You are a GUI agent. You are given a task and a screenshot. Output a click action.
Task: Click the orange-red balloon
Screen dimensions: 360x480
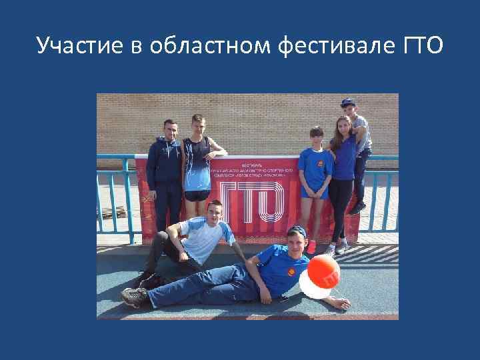[323, 271]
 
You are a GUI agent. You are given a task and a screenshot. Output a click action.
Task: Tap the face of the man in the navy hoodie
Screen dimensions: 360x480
[171, 129]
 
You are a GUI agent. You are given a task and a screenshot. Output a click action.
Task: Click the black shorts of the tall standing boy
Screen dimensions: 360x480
[197, 195]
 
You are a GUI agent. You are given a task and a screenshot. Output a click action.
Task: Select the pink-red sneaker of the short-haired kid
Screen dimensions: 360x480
[311, 247]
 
